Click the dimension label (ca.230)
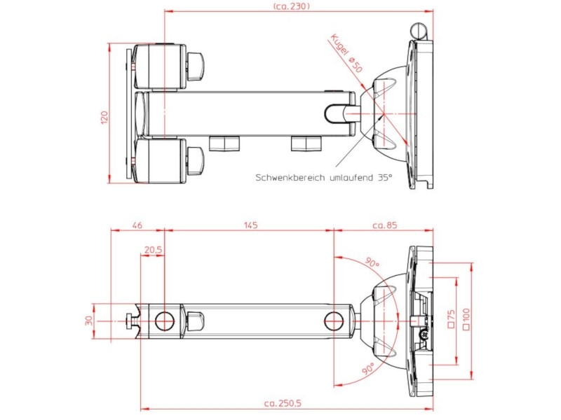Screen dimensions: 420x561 pyautogui.click(x=291, y=6)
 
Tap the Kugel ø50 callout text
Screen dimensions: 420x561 pyautogui.click(x=345, y=54)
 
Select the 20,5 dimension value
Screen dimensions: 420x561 pyautogui.click(x=153, y=250)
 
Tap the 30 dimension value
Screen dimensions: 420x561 pyautogui.click(x=88, y=321)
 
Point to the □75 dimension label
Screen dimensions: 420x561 pyautogui.click(x=451, y=318)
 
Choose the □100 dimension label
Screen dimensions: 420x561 pyautogui.click(x=466, y=318)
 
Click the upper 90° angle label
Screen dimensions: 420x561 pyautogui.click(x=371, y=264)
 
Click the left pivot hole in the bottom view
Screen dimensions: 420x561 pyautogui.click(x=164, y=321)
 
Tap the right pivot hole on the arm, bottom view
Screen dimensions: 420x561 pyautogui.click(x=333, y=321)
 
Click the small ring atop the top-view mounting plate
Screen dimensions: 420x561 pyautogui.click(x=418, y=30)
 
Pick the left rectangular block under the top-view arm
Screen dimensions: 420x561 pyautogui.click(x=225, y=143)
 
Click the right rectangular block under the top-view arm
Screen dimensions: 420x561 pyautogui.click(x=306, y=143)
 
